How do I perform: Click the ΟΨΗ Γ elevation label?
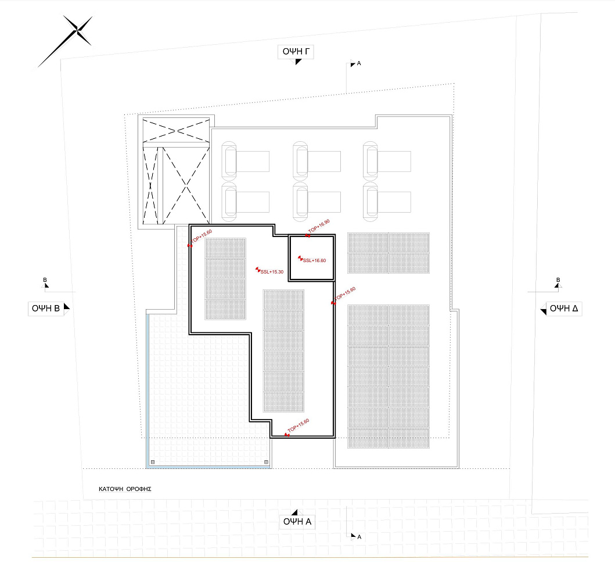click(296, 51)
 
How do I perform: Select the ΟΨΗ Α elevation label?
click(297, 521)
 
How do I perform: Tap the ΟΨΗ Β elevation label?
click(46, 309)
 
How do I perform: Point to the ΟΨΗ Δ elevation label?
click(564, 309)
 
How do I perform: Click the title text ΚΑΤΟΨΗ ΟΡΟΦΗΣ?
click(125, 489)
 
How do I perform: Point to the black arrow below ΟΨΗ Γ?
click(298, 62)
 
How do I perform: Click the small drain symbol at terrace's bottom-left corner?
click(153, 462)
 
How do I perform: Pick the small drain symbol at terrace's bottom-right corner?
click(267, 462)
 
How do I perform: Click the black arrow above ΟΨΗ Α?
click(294, 512)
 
